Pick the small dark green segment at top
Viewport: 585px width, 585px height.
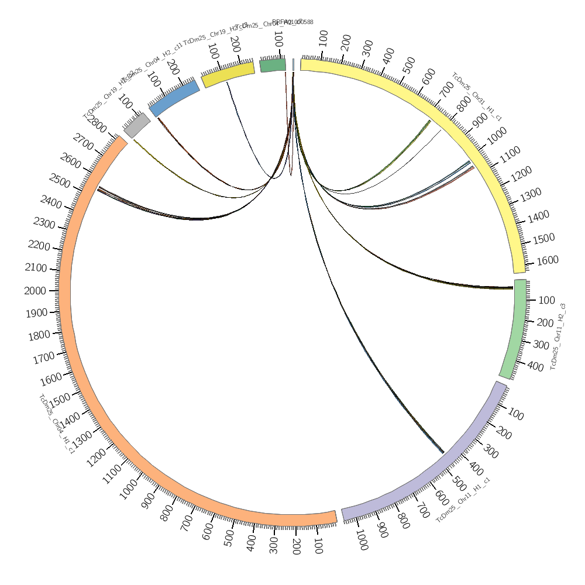[273, 65]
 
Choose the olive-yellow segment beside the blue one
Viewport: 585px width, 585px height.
[228, 74]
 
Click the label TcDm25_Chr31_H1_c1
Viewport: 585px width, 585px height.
[477, 97]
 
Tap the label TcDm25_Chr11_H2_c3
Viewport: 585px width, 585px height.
[557, 336]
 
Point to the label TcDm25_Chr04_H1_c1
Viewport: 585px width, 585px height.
[56, 424]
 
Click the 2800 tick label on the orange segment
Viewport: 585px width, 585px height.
[97, 126]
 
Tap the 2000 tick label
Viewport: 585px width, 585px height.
[35, 291]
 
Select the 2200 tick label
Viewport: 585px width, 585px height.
[39, 245]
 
